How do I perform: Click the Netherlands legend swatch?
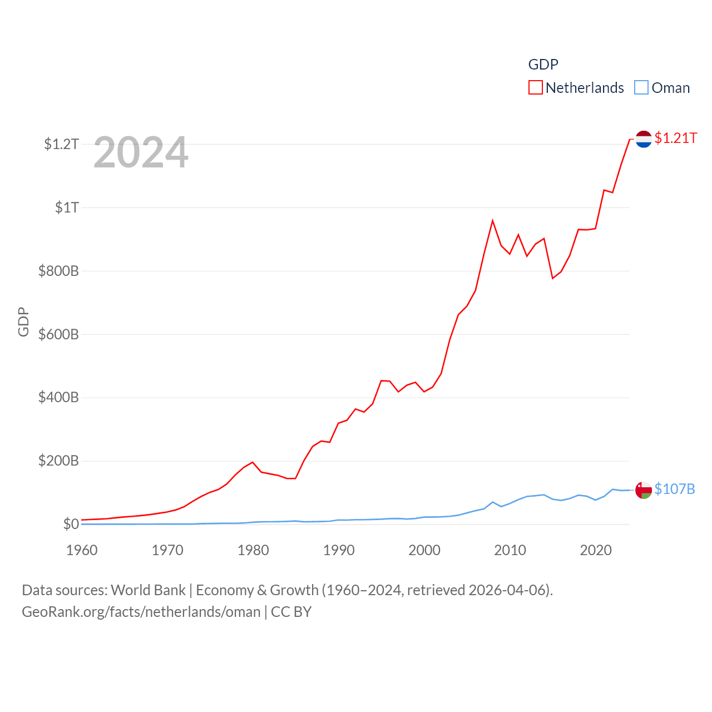pyautogui.click(x=535, y=88)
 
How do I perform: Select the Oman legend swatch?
pyautogui.click(x=641, y=88)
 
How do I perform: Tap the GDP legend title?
pyautogui.click(x=543, y=65)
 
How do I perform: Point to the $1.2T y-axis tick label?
pyautogui.click(x=61, y=145)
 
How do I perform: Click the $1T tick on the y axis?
pyautogui.click(x=67, y=208)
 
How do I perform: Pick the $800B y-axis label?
pyautogui.click(x=58, y=271)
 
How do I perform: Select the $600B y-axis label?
pyautogui.click(x=58, y=335)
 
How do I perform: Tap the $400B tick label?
pyautogui.click(x=58, y=398)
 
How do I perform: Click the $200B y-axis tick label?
pyautogui.click(x=58, y=461)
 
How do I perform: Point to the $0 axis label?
pyautogui.click(x=71, y=525)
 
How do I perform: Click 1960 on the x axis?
pyautogui.click(x=82, y=551)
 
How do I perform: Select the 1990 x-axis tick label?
pyautogui.click(x=339, y=551)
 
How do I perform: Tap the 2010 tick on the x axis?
pyautogui.click(x=510, y=551)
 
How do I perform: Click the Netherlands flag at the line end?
pyautogui.click(x=644, y=139)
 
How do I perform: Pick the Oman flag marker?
pyautogui.click(x=644, y=490)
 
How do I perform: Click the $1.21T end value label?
pyautogui.click(x=676, y=138)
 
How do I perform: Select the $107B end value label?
pyautogui.click(x=675, y=489)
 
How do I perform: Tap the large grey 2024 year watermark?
pyautogui.click(x=141, y=152)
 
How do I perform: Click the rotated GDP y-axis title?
pyautogui.click(x=23, y=322)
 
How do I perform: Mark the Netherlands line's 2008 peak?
pyautogui.click(x=493, y=221)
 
